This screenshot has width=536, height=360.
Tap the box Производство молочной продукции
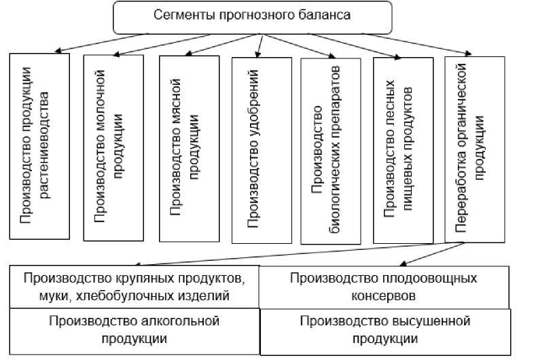(113, 147)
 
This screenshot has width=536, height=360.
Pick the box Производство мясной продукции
(189, 148)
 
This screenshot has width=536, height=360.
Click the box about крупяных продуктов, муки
(133, 287)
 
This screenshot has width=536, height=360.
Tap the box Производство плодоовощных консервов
(384, 287)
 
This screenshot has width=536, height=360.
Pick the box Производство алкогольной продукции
(133, 330)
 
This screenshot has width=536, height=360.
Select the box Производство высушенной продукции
(384, 330)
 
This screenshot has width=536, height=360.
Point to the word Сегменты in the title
(178, 14)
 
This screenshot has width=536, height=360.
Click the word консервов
(384, 296)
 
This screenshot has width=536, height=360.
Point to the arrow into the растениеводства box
(57, 50)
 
